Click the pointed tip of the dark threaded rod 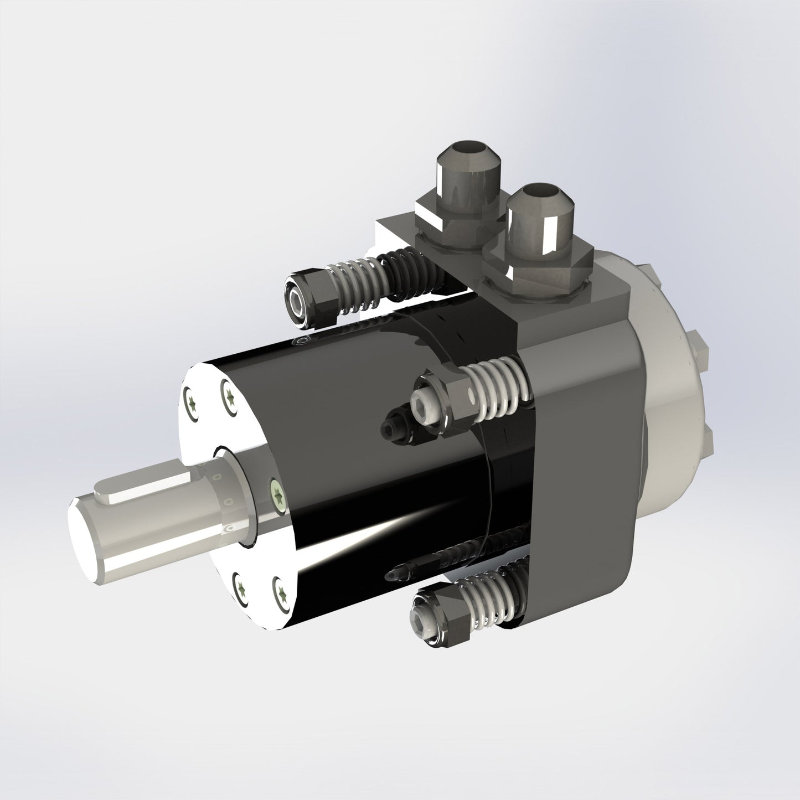click(x=400, y=576)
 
